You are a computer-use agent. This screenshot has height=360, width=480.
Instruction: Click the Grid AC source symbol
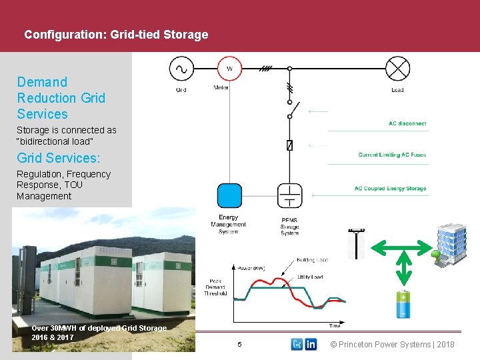[181, 68]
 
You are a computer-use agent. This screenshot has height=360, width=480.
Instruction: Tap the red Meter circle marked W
[229, 68]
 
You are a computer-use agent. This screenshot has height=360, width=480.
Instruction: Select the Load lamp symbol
[398, 68]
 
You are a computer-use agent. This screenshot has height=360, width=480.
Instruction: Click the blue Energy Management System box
[229, 196]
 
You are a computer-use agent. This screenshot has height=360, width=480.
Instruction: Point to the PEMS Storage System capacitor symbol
[289, 196]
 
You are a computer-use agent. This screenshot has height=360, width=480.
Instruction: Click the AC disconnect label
[407, 123]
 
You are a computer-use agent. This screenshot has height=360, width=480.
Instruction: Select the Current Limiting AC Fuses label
[392, 155]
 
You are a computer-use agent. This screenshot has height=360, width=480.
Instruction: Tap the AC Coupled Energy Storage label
[390, 189]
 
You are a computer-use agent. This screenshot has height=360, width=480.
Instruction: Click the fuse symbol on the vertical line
[289, 145]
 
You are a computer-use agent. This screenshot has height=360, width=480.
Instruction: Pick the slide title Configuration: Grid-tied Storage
[116, 34]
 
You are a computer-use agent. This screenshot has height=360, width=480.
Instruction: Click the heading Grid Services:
[59, 158]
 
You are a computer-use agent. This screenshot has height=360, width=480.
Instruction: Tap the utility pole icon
[357, 244]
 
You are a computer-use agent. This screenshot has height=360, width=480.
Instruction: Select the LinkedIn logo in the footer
[311, 344]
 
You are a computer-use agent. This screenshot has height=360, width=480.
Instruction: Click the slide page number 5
[240, 344]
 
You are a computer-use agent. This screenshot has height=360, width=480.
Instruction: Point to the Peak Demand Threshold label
[215, 287]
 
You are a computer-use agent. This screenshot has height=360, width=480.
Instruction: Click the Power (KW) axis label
[251, 269]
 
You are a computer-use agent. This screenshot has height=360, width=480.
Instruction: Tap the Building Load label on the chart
[312, 259]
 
